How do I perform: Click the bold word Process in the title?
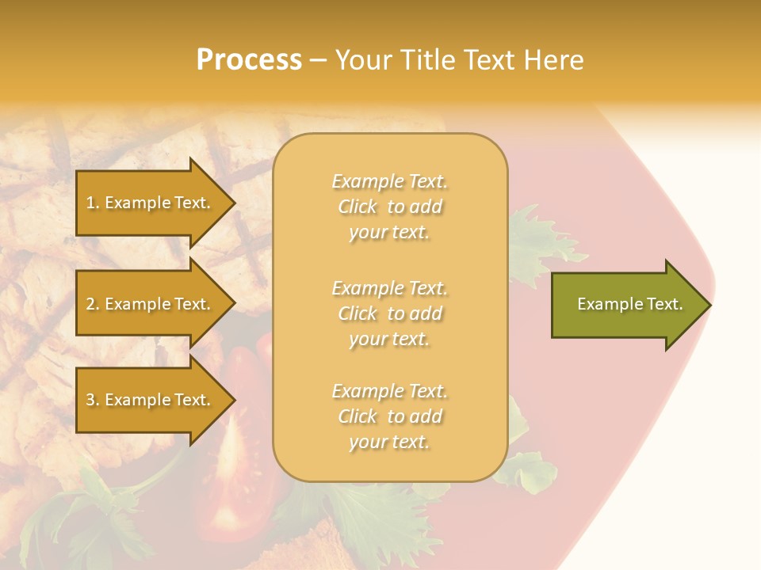click(249, 60)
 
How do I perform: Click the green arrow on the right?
click(626, 305)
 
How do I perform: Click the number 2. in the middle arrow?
click(93, 304)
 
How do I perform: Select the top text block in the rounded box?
click(389, 207)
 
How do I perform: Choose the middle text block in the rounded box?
click(389, 313)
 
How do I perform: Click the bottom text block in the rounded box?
click(389, 416)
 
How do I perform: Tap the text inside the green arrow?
click(629, 304)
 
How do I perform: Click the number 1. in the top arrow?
click(93, 203)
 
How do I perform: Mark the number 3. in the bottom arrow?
click(93, 400)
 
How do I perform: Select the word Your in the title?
click(362, 60)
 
